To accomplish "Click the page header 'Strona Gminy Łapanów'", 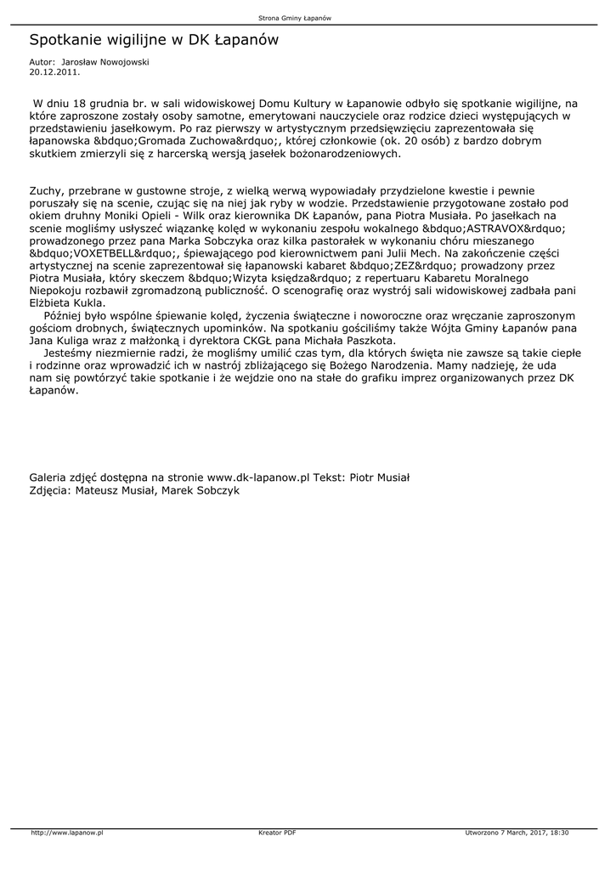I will [307, 18].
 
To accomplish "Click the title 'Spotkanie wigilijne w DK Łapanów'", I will [154, 40].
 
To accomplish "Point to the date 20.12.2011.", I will [54, 72].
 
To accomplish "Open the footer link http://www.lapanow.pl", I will [67, 833].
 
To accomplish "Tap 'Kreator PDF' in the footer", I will [276, 833].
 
